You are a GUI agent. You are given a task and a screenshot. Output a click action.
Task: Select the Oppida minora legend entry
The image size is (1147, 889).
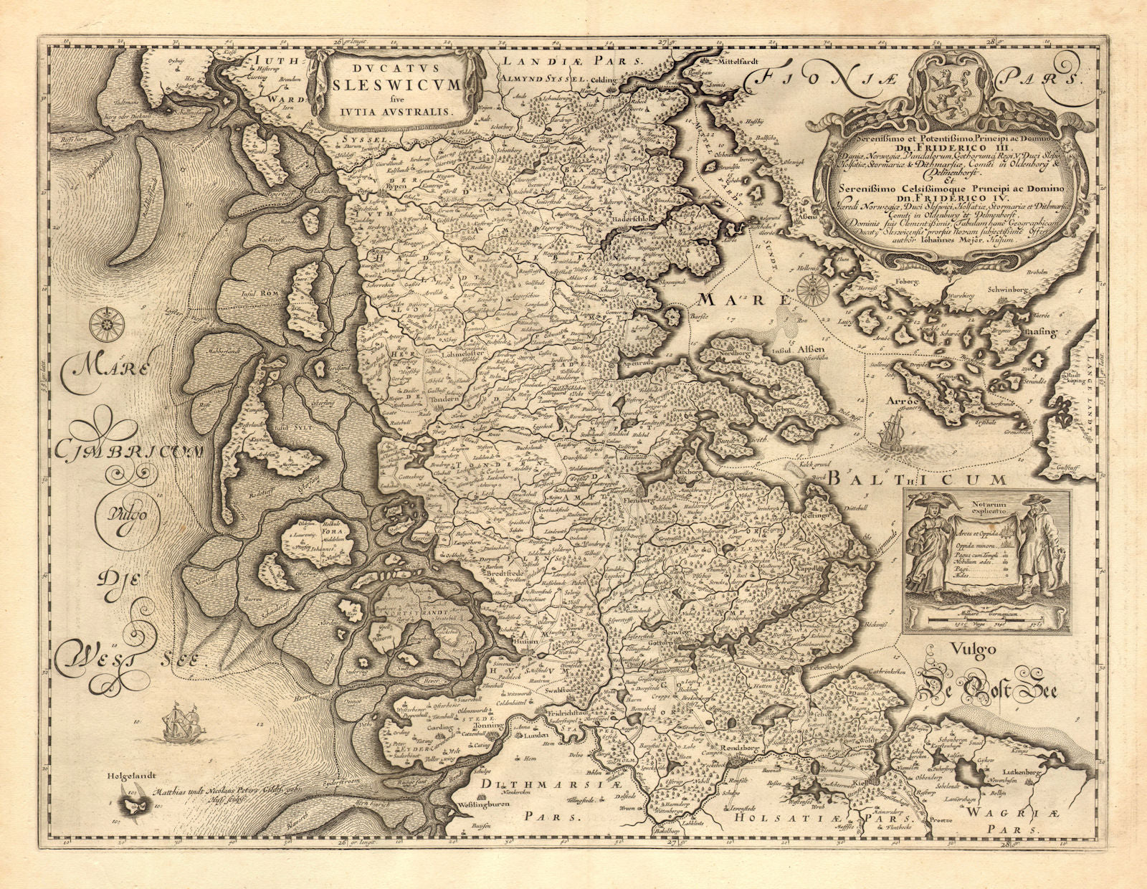(961, 546)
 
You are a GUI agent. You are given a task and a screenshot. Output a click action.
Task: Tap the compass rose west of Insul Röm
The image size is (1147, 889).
(108, 323)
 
